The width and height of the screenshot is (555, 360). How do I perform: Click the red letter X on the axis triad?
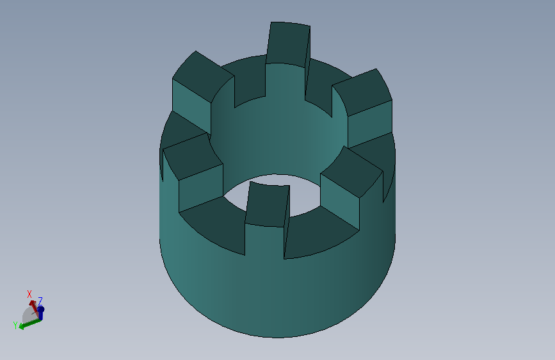(x=29, y=294)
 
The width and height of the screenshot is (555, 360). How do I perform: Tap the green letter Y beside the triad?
(x=15, y=325)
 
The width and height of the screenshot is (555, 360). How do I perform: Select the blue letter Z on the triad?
(x=40, y=301)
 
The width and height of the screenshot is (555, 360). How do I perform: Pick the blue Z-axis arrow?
(x=40, y=313)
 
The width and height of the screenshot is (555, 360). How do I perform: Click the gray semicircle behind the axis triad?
(x=28, y=315)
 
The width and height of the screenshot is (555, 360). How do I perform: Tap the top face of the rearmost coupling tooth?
(x=288, y=44)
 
